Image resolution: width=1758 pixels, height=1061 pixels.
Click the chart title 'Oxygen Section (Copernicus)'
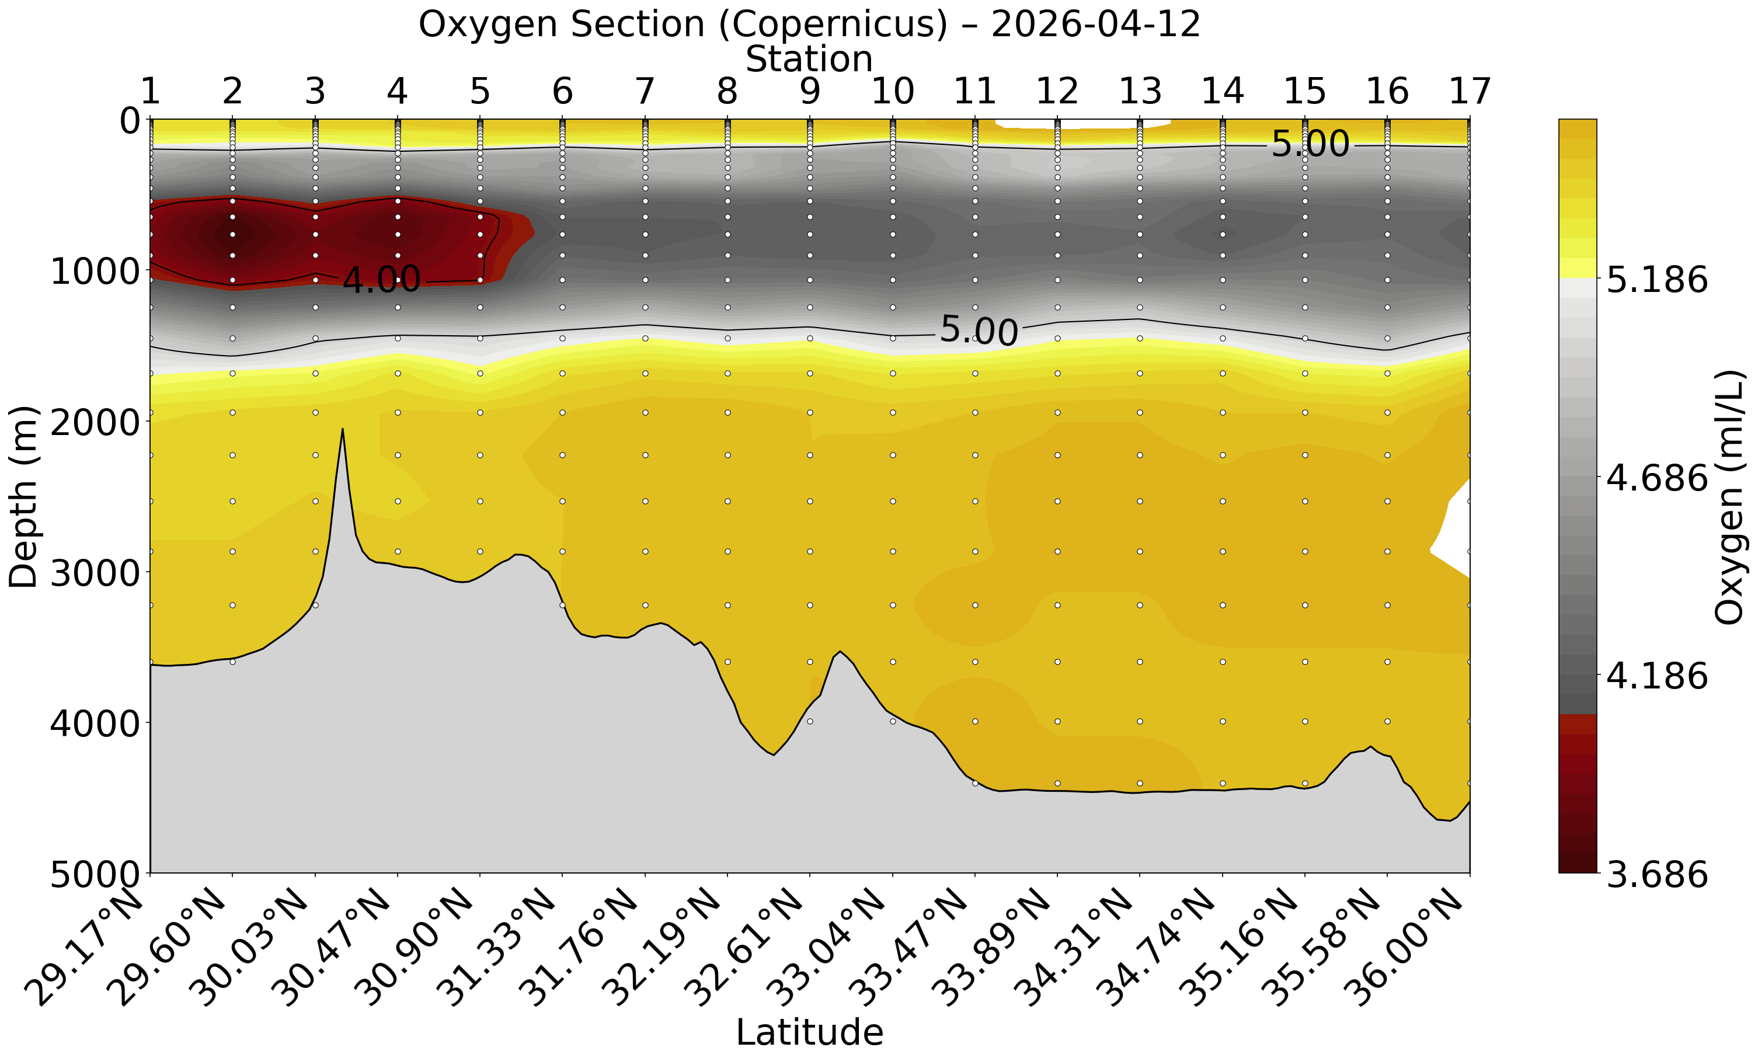pos(809,25)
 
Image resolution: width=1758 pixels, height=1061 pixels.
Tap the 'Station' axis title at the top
pos(809,59)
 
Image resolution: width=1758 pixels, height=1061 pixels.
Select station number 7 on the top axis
pos(645,91)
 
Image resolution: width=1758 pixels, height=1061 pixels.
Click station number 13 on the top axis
pos(1140,91)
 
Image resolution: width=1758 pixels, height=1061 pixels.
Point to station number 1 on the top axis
pos(150,91)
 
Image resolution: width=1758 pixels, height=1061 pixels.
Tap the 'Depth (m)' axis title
pos(23,496)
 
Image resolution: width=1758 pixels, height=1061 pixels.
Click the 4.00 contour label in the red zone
pos(382,280)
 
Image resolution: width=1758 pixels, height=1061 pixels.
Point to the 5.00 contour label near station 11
pos(979,331)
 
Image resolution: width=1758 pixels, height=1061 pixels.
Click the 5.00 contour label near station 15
pos(1310,145)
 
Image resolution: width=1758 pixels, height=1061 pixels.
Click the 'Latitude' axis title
pos(809,1032)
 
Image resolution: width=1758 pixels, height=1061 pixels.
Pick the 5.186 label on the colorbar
pos(1656,280)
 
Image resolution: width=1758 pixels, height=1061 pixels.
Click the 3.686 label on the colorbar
pos(1656,874)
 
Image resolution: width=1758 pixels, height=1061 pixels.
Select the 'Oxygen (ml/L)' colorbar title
pos(1728,496)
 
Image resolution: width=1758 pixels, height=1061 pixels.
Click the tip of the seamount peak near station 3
pos(343,430)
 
